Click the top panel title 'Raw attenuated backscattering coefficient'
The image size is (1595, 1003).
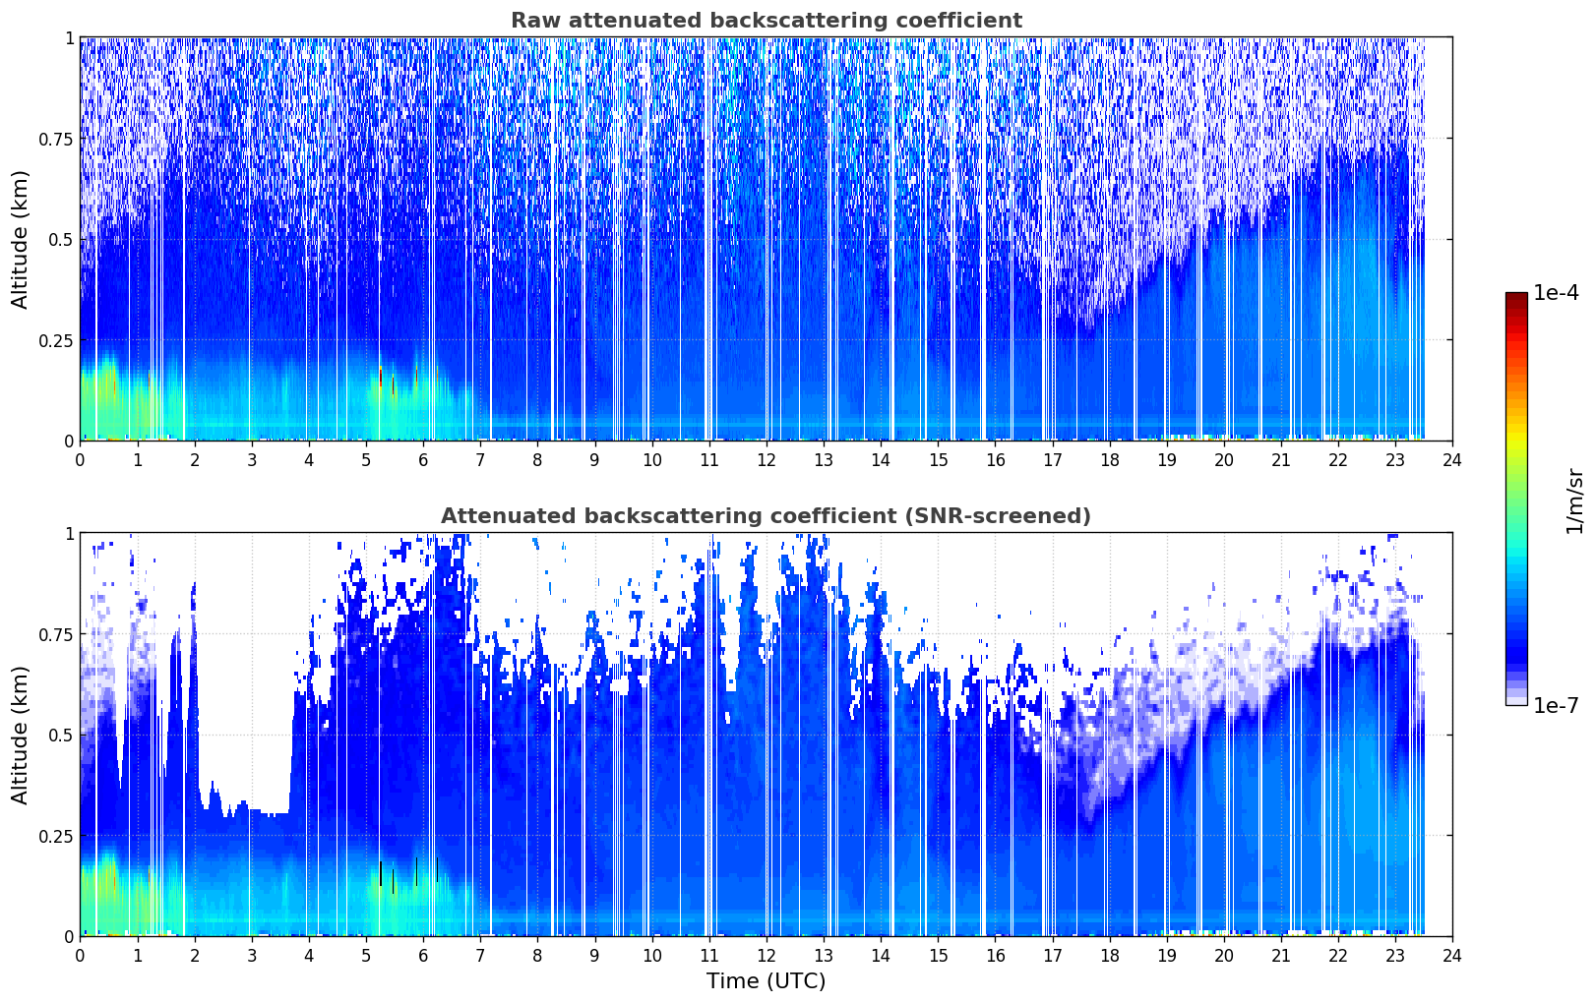click(767, 20)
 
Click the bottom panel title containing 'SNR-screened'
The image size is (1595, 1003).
click(767, 515)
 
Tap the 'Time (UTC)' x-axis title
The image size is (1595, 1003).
click(767, 981)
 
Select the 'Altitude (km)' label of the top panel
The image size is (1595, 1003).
click(20, 239)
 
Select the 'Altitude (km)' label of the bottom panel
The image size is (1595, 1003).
click(20, 735)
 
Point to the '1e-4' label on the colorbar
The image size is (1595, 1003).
click(1556, 293)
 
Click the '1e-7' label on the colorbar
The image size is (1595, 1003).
click(1556, 706)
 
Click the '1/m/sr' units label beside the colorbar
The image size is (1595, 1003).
click(1574, 501)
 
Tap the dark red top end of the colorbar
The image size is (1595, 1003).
click(1516, 296)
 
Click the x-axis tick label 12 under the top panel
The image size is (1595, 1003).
click(767, 460)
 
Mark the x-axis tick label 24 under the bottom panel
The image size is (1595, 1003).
click(1452, 956)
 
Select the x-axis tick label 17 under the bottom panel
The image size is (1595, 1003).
click(1053, 956)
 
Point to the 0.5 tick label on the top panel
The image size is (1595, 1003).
click(61, 240)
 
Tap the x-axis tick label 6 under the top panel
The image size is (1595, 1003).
click(423, 460)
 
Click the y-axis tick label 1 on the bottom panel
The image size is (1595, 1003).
click(69, 534)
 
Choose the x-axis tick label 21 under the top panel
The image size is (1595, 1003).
click(1281, 460)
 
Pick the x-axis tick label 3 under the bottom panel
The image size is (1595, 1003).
click(251, 956)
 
